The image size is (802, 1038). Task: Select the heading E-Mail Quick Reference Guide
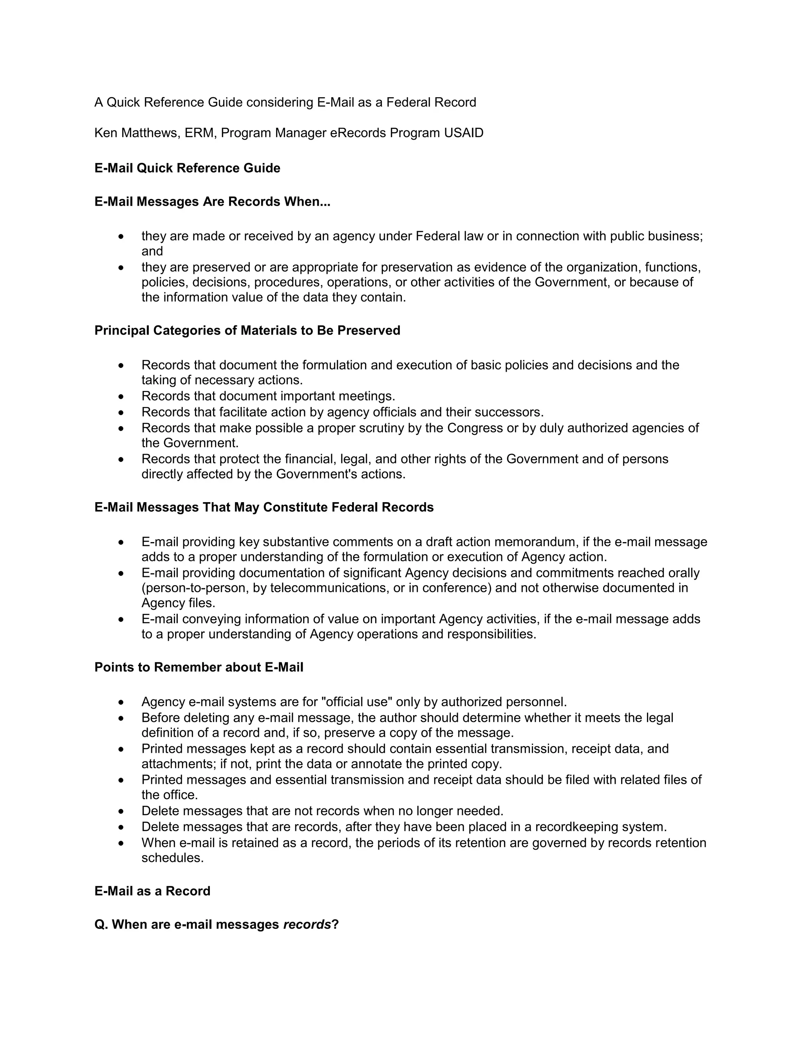tap(187, 168)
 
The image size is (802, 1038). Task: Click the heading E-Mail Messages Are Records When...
tap(212, 202)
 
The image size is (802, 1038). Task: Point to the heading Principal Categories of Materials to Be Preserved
tap(247, 330)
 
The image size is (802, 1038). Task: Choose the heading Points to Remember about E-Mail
tap(199, 667)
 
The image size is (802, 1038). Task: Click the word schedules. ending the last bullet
tap(172, 858)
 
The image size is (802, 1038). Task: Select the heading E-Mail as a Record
tap(152, 891)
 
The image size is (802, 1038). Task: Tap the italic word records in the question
tap(307, 924)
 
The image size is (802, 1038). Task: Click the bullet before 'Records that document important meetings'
tap(122, 396)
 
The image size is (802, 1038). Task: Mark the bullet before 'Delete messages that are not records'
tap(122, 811)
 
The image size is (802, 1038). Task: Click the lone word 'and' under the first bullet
tap(152, 251)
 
